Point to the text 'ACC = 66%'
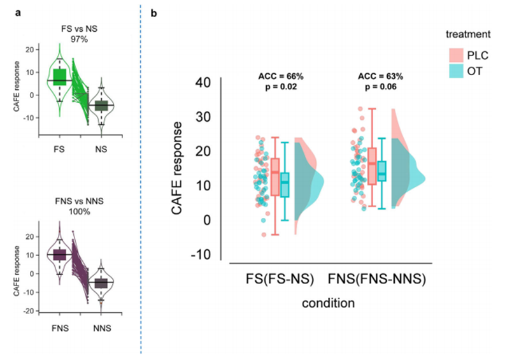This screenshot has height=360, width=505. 275,76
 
